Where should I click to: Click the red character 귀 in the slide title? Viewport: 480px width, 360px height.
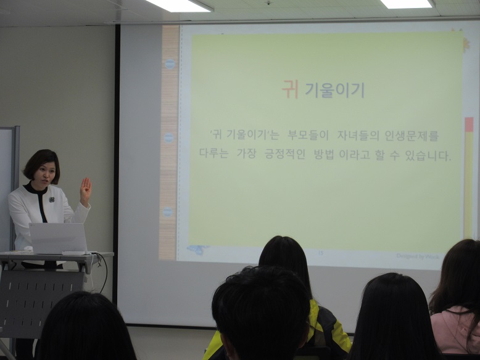tap(290, 90)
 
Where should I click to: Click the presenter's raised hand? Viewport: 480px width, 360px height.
tap(85, 190)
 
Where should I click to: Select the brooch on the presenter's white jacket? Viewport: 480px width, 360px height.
tap(52, 200)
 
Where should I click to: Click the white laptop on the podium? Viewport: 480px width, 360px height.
tap(58, 237)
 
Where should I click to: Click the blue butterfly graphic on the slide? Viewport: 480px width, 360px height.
tap(196, 250)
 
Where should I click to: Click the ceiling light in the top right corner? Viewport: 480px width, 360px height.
tap(406, 4)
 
